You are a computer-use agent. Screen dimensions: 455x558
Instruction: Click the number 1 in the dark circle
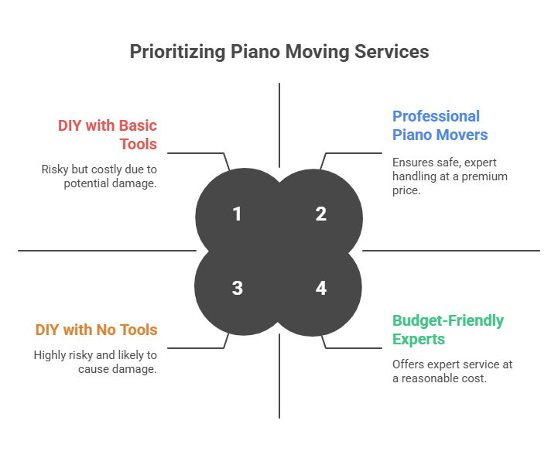(x=237, y=214)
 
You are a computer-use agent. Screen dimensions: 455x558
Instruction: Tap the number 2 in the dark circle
(x=321, y=214)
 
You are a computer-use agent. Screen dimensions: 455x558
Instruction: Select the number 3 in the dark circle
(x=237, y=288)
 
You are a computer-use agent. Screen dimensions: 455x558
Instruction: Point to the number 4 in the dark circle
(x=321, y=288)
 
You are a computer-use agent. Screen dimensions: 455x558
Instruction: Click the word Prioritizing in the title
(x=176, y=52)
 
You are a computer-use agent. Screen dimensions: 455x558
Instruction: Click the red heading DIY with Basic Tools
(x=108, y=135)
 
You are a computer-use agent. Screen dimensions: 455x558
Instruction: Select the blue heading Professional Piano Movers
(x=440, y=125)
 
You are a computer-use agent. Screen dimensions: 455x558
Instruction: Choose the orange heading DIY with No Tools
(x=96, y=330)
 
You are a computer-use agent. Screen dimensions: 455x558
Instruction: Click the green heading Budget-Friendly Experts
(x=447, y=330)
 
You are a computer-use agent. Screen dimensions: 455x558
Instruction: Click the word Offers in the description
(x=408, y=364)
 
